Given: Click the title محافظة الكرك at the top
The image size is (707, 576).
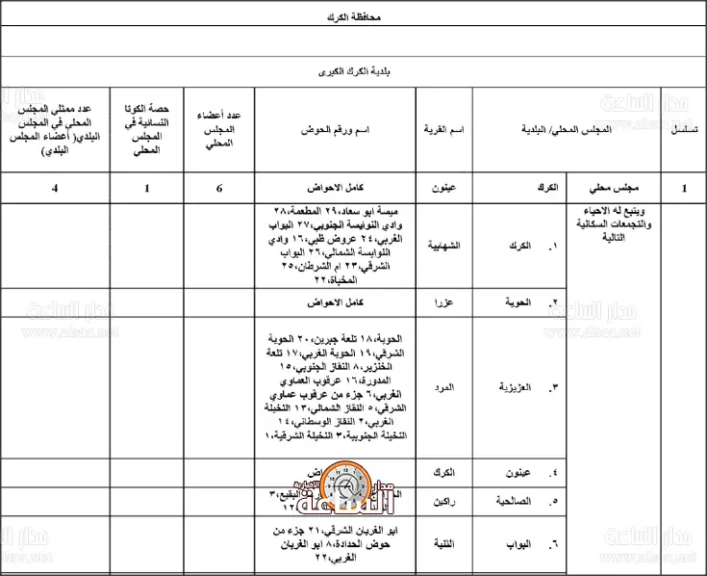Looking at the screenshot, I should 353,17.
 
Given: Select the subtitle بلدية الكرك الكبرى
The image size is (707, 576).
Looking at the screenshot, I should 353,71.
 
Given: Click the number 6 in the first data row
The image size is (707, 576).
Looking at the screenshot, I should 220,189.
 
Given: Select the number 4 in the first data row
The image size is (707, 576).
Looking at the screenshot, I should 55,189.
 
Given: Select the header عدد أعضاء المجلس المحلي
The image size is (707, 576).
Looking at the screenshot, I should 220,128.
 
